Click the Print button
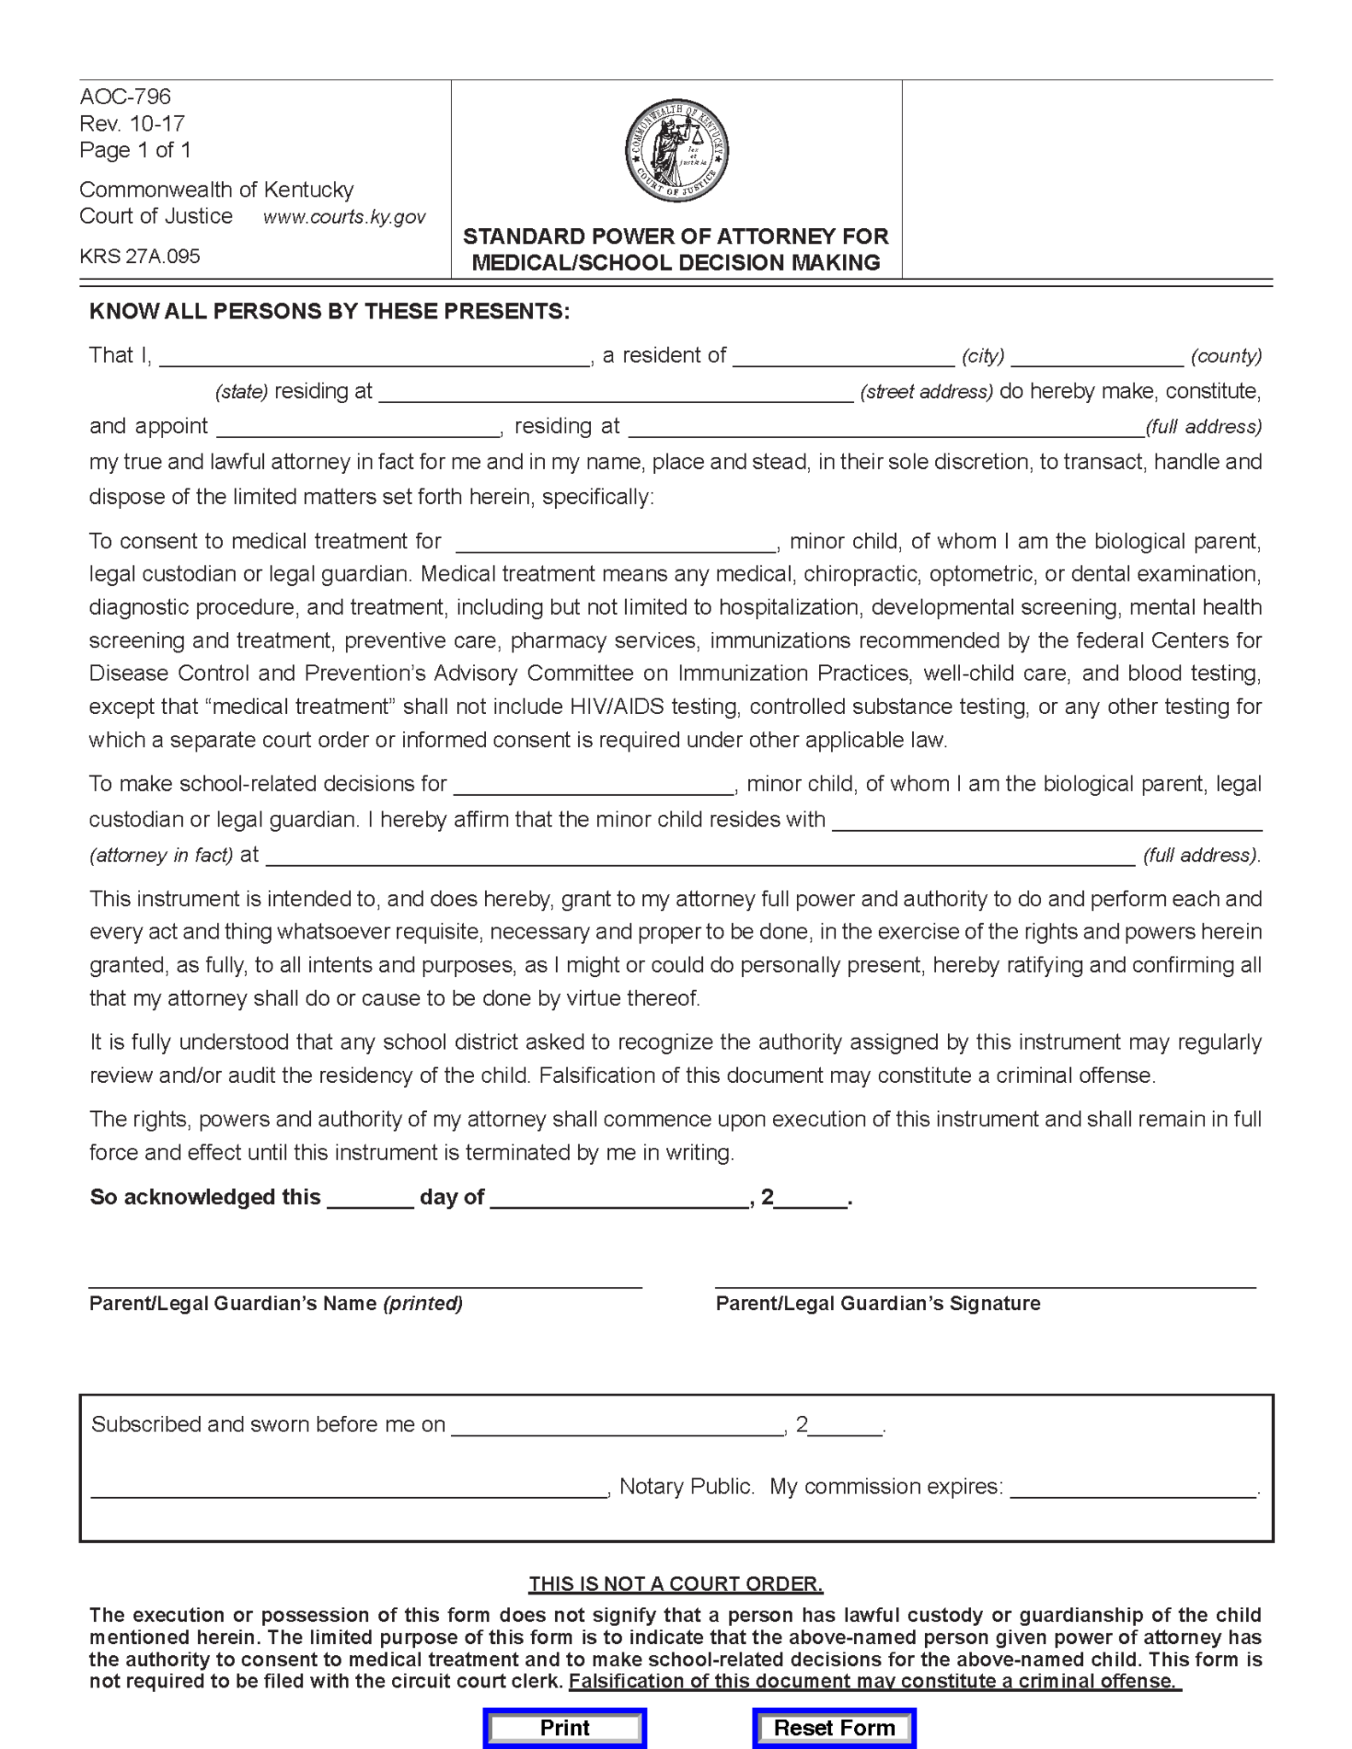tap(565, 1728)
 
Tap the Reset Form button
tap(834, 1728)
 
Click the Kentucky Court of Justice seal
tap(676, 150)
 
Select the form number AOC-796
tap(126, 97)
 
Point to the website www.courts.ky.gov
tap(344, 217)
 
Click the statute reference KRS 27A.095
tap(140, 256)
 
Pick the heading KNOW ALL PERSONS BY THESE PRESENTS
tap(329, 311)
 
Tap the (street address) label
tap(927, 392)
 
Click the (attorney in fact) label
tap(161, 855)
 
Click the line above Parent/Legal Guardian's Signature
tap(985, 1284)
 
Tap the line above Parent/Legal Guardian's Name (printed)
tap(365, 1284)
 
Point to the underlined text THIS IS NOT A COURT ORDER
tap(676, 1584)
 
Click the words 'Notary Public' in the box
tap(687, 1487)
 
